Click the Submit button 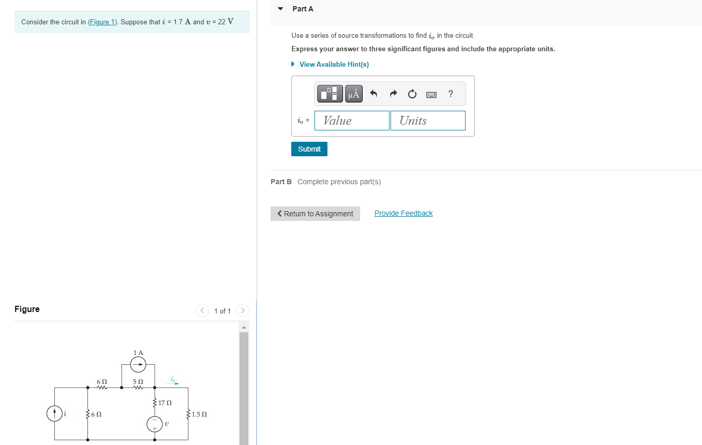(x=309, y=149)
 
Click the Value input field (x=352, y=121)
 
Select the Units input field (x=427, y=121)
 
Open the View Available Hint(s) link (x=334, y=64)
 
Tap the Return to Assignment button (x=315, y=214)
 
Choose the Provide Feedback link (x=404, y=213)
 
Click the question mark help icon (x=451, y=94)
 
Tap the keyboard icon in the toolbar (x=431, y=94)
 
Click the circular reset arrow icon (x=412, y=94)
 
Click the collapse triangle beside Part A (x=280, y=9)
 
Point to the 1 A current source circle (x=138, y=365)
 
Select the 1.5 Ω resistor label (x=199, y=414)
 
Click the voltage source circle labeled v (x=154, y=424)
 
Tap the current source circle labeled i (x=54, y=413)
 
